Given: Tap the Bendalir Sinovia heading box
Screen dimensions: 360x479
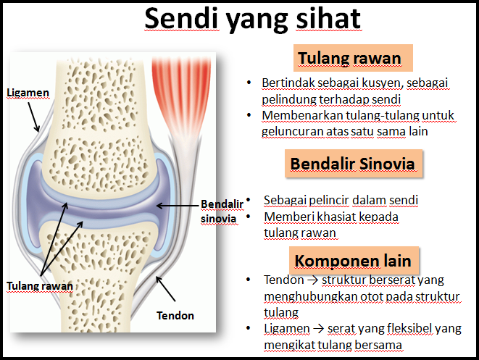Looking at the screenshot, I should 353,164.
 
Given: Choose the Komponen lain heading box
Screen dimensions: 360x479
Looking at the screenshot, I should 353,260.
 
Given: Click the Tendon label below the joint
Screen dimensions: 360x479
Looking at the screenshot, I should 175,316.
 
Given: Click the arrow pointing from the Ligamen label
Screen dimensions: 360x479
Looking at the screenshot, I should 33,116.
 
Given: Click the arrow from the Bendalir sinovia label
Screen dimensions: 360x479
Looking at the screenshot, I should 177,206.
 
